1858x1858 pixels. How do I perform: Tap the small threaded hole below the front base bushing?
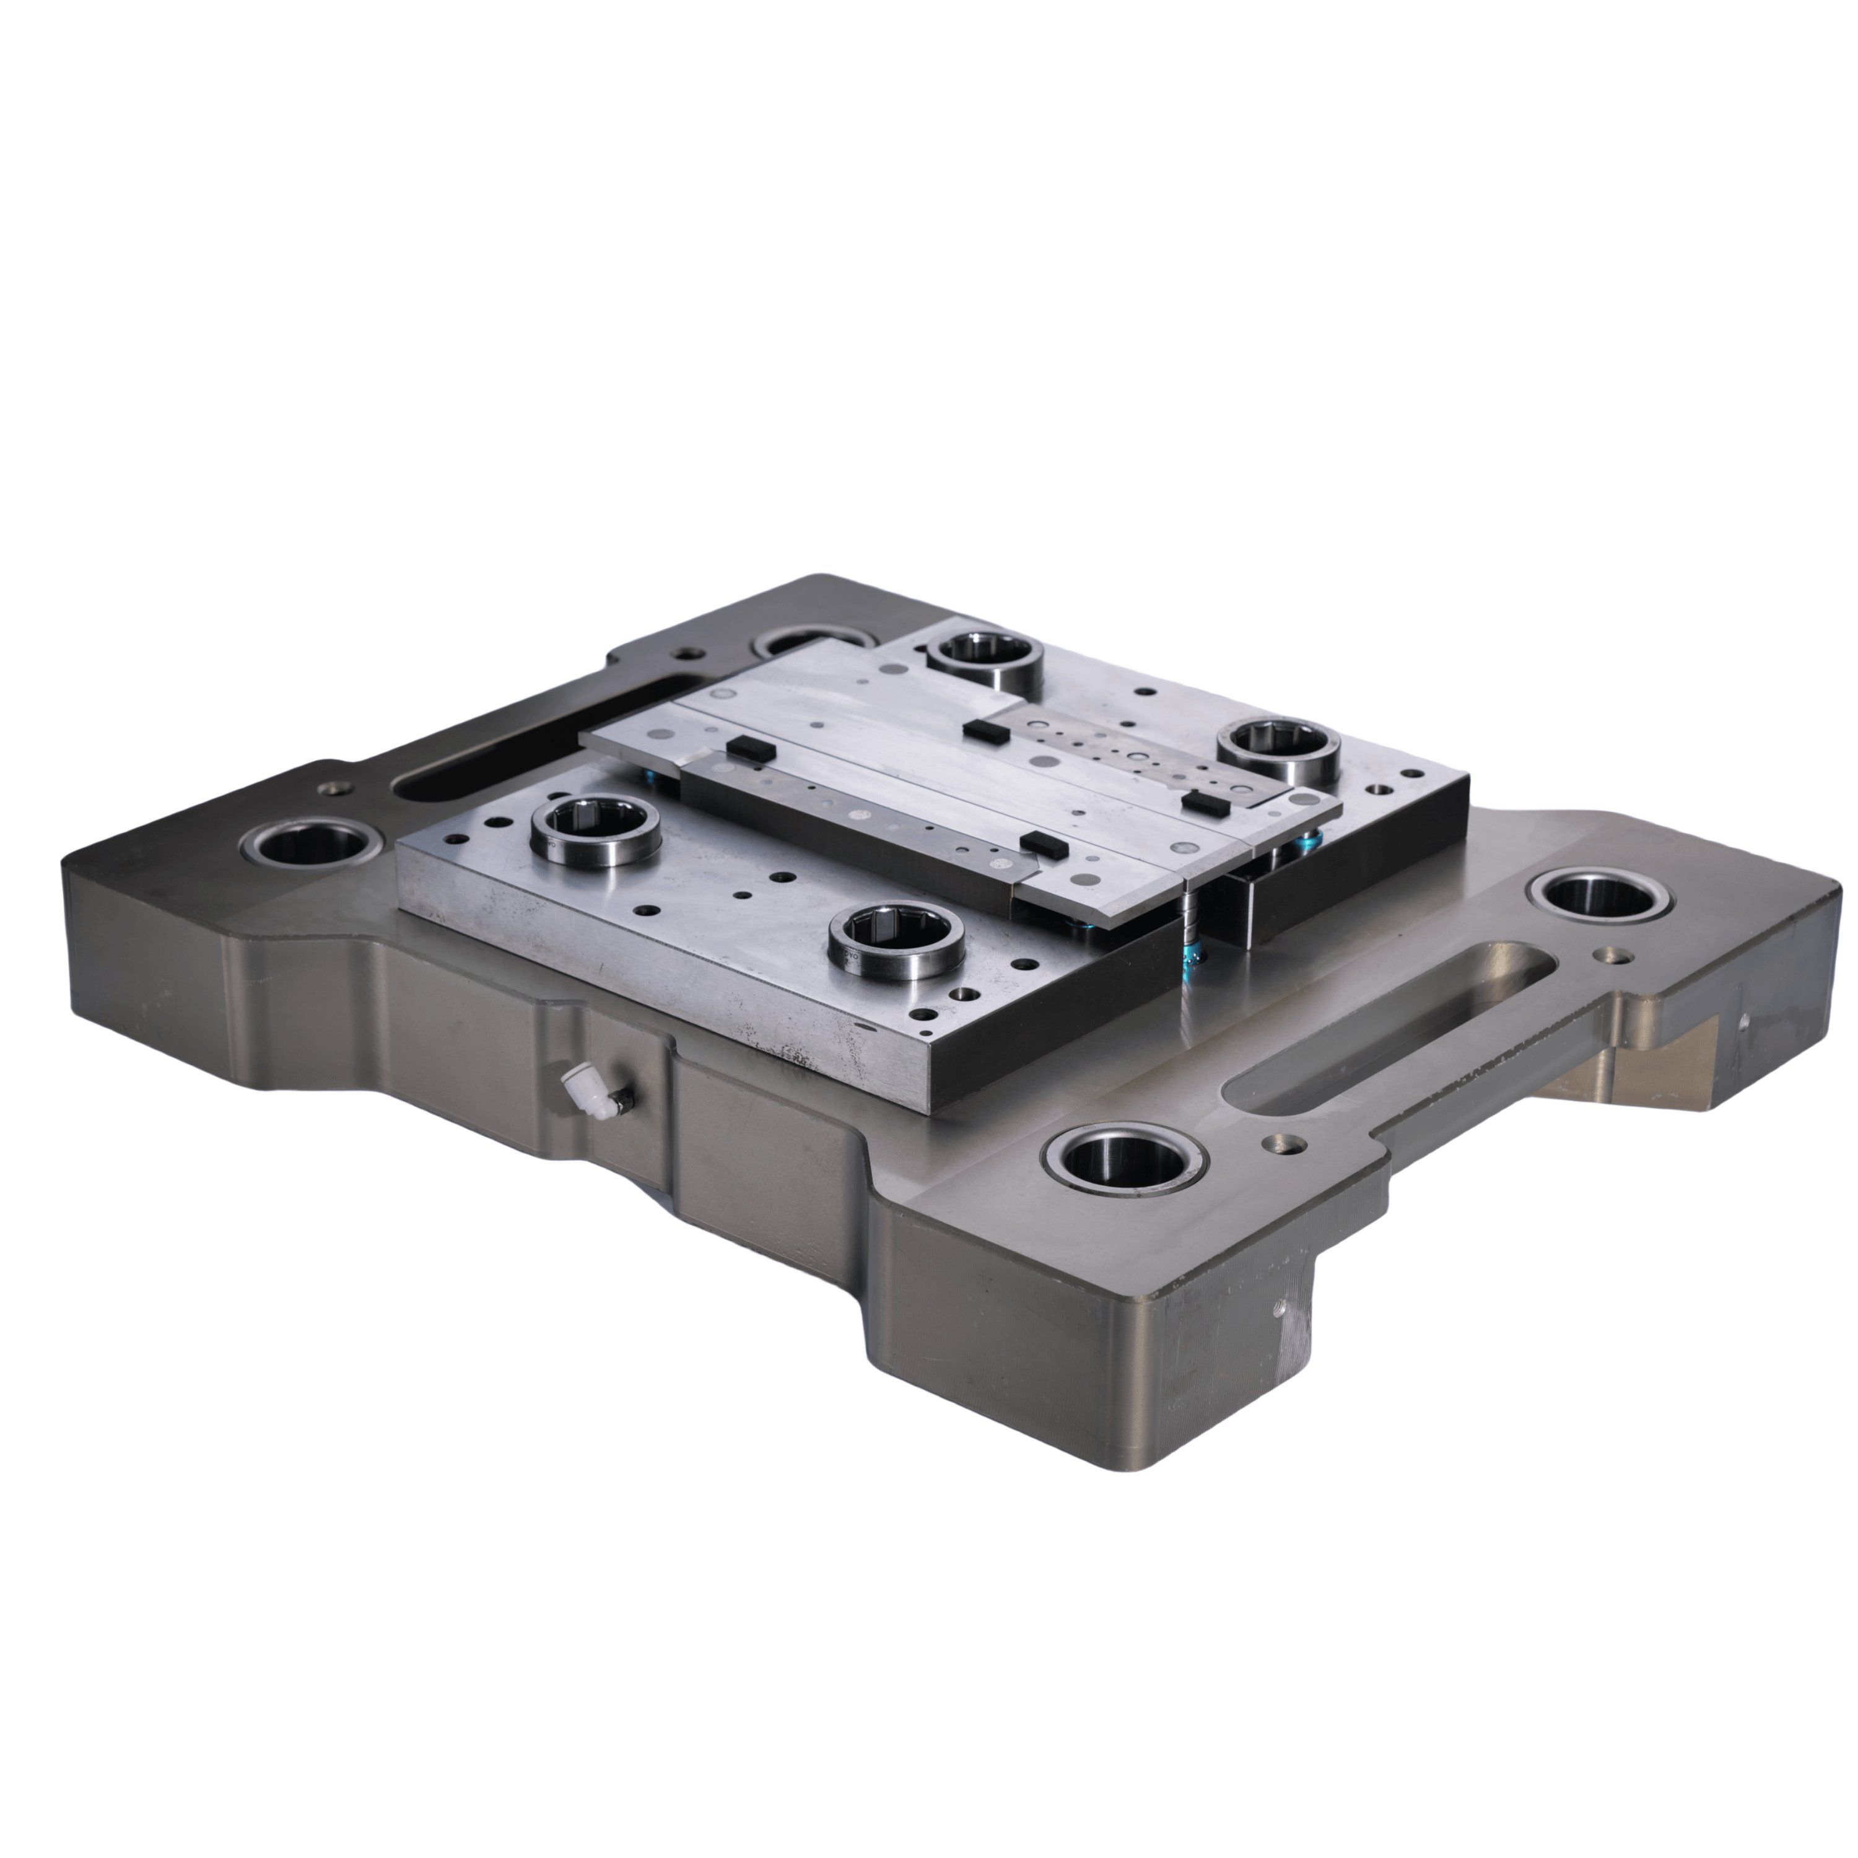[1276, 1309]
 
